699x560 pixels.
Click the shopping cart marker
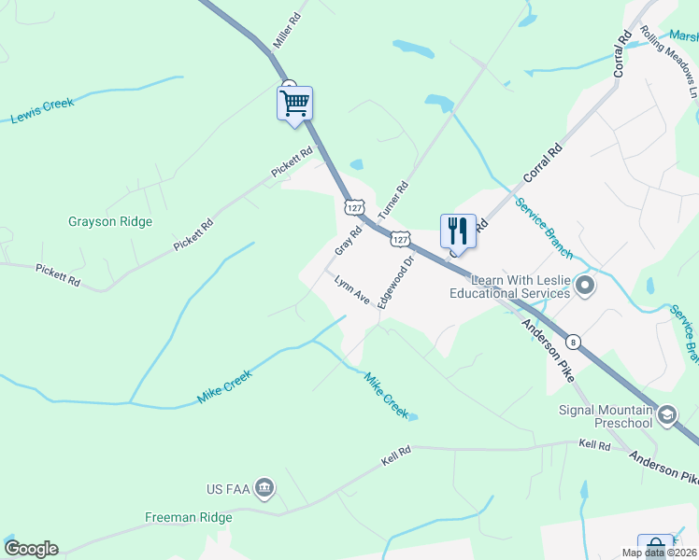[x=294, y=103]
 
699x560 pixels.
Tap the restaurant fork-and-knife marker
[x=458, y=231]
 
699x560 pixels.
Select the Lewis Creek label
[x=42, y=110]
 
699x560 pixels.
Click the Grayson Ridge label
[x=110, y=222]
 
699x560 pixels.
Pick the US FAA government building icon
[x=264, y=488]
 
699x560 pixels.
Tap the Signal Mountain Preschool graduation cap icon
[x=667, y=414]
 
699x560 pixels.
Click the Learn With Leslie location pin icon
[x=586, y=285]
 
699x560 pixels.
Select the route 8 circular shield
[x=573, y=343]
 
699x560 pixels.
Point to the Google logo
[x=31, y=549]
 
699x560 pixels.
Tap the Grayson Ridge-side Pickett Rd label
[x=193, y=234]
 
